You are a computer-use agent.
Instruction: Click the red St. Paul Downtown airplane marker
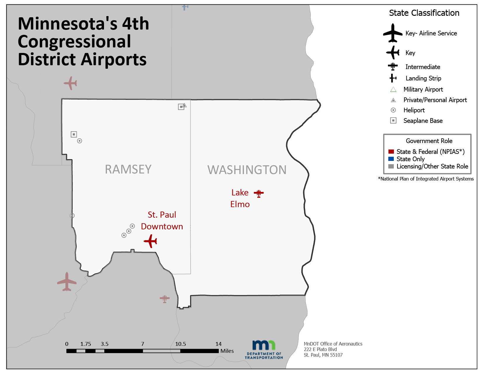(x=150, y=241)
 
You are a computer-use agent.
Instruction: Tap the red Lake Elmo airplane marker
(x=259, y=193)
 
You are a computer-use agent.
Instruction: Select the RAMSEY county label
(x=128, y=169)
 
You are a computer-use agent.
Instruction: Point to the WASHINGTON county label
(x=247, y=170)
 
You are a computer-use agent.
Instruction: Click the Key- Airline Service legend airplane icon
(x=393, y=33)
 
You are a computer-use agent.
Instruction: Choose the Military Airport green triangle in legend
(x=393, y=90)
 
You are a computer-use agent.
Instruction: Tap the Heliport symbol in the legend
(x=393, y=110)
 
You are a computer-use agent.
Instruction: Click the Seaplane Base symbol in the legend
(x=393, y=121)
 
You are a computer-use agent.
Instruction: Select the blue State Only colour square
(x=391, y=159)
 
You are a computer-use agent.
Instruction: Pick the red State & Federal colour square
(x=391, y=152)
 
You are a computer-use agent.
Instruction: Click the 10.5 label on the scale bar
(x=180, y=344)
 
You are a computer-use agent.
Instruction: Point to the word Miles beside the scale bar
(x=227, y=351)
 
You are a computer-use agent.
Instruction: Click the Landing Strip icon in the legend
(x=393, y=78)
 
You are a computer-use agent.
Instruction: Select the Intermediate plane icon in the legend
(x=393, y=66)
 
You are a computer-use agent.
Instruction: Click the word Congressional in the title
(x=74, y=42)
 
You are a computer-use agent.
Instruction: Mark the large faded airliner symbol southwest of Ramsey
(x=67, y=281)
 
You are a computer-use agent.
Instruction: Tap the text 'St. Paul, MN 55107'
(x=323, y=355)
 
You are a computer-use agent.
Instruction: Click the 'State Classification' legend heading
(x=424, y=13)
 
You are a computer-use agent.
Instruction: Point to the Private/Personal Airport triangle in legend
(x=393, y=100)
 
